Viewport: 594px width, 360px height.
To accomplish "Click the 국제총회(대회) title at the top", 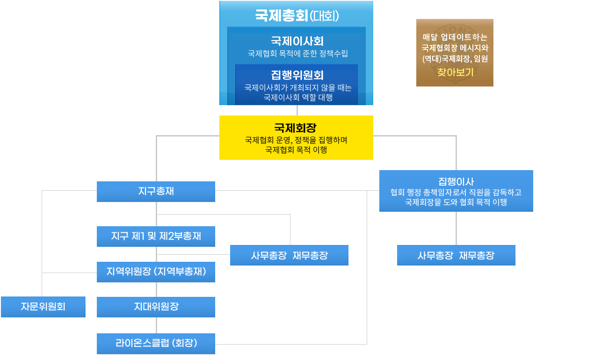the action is tap(297, 15).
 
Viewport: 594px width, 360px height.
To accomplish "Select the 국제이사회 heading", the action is tap(297, 41).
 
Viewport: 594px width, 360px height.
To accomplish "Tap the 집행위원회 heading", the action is tap(297, 75).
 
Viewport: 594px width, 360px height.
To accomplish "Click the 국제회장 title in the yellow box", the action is tap(296, 128).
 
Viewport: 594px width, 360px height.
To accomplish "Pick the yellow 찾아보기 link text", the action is tap(455, 72).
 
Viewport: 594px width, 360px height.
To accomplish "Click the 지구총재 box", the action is tap(156, 191).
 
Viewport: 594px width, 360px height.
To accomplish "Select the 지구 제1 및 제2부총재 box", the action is tap(156, 236).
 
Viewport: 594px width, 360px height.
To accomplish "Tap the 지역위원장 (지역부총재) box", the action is tap(156, 272).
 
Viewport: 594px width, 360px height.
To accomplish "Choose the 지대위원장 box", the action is tap(156, 307).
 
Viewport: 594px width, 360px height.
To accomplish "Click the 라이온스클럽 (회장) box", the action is tap(156, 344).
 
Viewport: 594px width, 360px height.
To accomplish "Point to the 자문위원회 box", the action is tap(43, 307).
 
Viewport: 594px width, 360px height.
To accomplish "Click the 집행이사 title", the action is tap(456, 181).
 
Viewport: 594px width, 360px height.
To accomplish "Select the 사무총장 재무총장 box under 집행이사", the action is tap(456, 255).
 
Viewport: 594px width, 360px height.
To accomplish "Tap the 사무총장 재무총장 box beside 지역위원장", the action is tap(289, 255).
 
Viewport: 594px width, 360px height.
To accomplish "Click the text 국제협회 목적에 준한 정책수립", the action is tap(298, 54).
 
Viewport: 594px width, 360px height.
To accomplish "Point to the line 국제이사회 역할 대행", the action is tap(298, 97).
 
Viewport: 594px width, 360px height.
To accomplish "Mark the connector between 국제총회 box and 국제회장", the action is tap(297, 110).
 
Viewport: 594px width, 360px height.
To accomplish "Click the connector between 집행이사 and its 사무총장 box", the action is tap(456, 228).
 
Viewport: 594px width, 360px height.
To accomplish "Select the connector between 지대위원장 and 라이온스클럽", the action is tap(157, 325).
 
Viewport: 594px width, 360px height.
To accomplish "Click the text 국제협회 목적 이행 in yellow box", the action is tap(296, 150).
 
